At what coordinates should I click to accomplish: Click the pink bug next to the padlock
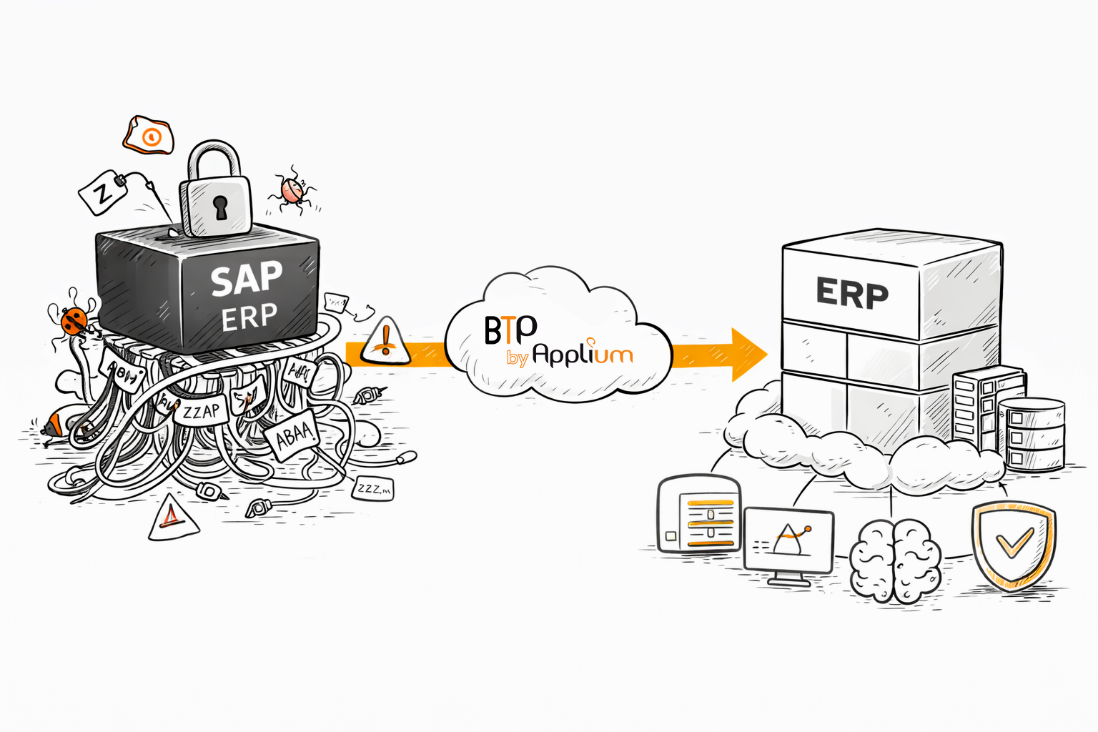click(292, 191)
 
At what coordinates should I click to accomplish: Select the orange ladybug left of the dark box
click(74, 320)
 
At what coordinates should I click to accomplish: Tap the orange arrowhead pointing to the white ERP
click(747, 354)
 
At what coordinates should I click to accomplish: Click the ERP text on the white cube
click(852, 293)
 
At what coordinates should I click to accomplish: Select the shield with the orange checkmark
click(1013, 545)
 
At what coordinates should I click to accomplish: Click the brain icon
click(895, 561)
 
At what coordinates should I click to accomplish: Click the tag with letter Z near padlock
click(104, 192)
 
